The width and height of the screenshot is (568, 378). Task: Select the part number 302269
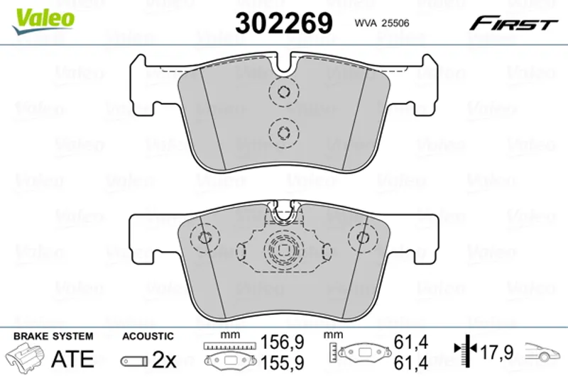pos(283,23)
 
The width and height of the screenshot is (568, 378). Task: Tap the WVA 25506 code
pos(382,23)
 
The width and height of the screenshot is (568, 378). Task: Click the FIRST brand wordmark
pos(513,24)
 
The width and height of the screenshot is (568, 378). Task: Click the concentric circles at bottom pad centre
pos(282,249)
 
